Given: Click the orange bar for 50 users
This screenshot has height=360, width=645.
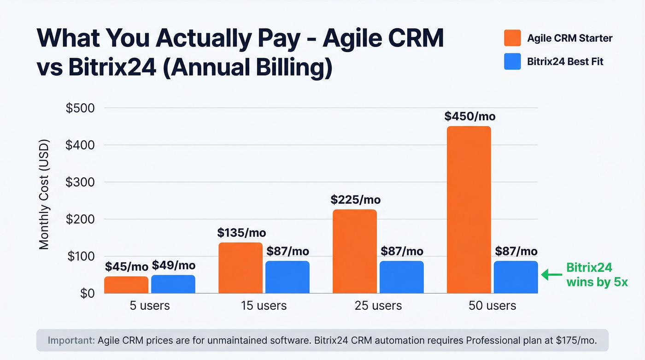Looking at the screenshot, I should click(x=469, y=210).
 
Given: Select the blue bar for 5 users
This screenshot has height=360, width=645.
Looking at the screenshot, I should click(x=173, y=284).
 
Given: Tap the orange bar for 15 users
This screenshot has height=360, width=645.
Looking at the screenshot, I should click(x=240, y=268).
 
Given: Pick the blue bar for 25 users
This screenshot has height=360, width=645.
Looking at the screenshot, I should click(x=401, y=277).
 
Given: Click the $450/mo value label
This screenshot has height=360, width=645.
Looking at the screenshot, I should click(x=469, y=116).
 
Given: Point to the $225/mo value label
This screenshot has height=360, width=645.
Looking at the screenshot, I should click(x=356, y=200).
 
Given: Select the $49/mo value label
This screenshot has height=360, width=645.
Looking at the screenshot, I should click(x=173, y=266).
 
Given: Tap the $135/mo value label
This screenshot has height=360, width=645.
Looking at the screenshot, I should click(x=241, y=233).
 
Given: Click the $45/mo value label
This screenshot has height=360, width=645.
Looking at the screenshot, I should click(x=126, y=266).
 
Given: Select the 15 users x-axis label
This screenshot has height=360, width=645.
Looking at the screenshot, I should click(x=264, y=306).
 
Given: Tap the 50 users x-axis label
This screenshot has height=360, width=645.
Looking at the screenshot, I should click(x=493, y=306).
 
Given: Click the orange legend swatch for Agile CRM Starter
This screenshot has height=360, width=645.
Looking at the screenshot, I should click(x=512, y=38).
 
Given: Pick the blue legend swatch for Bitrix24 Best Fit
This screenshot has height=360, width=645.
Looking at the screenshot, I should click(x=512, y=62).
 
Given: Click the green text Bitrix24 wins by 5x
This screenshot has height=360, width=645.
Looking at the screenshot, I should click(x=596, y=275).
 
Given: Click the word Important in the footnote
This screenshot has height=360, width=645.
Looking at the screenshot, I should click(x=71, y=341).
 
